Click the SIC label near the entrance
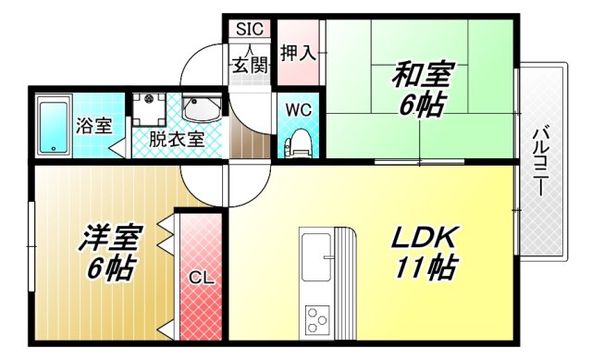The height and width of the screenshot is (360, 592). (249, 29)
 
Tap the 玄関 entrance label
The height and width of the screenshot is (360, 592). (250, 66)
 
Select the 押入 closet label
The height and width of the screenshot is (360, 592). (299, 53)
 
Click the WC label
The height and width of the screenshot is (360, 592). (297, 109)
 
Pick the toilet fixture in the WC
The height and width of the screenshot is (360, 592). (298, 143)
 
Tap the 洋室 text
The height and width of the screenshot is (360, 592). (108, 238)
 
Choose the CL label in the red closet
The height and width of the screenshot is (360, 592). (200, 276)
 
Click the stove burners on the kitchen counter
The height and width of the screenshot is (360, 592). (316, 319)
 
